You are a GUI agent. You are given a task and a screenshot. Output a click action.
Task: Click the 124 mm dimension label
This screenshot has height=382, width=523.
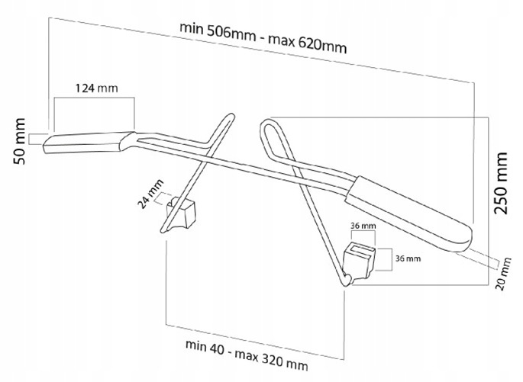[96, 88]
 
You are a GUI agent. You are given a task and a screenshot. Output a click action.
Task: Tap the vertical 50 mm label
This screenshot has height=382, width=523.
[20, 141]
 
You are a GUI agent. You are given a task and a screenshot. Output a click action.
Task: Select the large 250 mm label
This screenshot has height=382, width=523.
[501, 183]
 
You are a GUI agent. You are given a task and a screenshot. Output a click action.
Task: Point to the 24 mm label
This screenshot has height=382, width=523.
[151, 194]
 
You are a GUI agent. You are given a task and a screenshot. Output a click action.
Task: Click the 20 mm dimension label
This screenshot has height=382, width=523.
[505, 274]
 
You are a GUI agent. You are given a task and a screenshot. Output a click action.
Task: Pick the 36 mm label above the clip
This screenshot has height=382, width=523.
[363, 226]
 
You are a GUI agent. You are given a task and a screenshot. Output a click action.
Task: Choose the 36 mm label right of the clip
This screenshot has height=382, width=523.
[408, 258]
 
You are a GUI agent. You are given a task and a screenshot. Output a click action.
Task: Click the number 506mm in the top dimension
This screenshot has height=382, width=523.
[231, 32]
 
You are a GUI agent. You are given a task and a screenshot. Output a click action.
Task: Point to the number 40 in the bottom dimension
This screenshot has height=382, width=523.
[218, 348]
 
